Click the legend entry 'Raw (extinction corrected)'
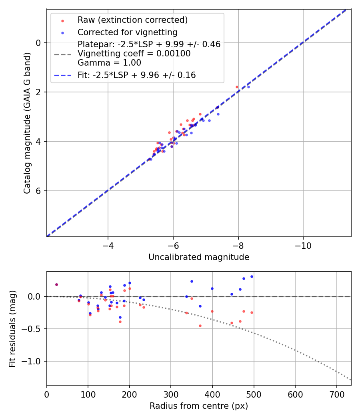132,20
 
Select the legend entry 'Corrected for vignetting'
127,32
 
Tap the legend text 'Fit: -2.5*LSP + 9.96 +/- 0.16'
136,75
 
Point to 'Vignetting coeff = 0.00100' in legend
134,54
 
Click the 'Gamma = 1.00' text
109,63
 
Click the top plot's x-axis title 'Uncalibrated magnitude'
199,257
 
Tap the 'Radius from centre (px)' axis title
199,406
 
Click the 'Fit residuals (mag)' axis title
13,329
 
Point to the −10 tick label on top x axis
303,245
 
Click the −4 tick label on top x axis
108,245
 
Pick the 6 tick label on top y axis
39,191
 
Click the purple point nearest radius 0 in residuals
56,284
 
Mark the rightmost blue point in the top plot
248,87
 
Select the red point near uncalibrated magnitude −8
237,87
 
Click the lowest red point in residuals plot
200,326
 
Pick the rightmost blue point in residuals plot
252,276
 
